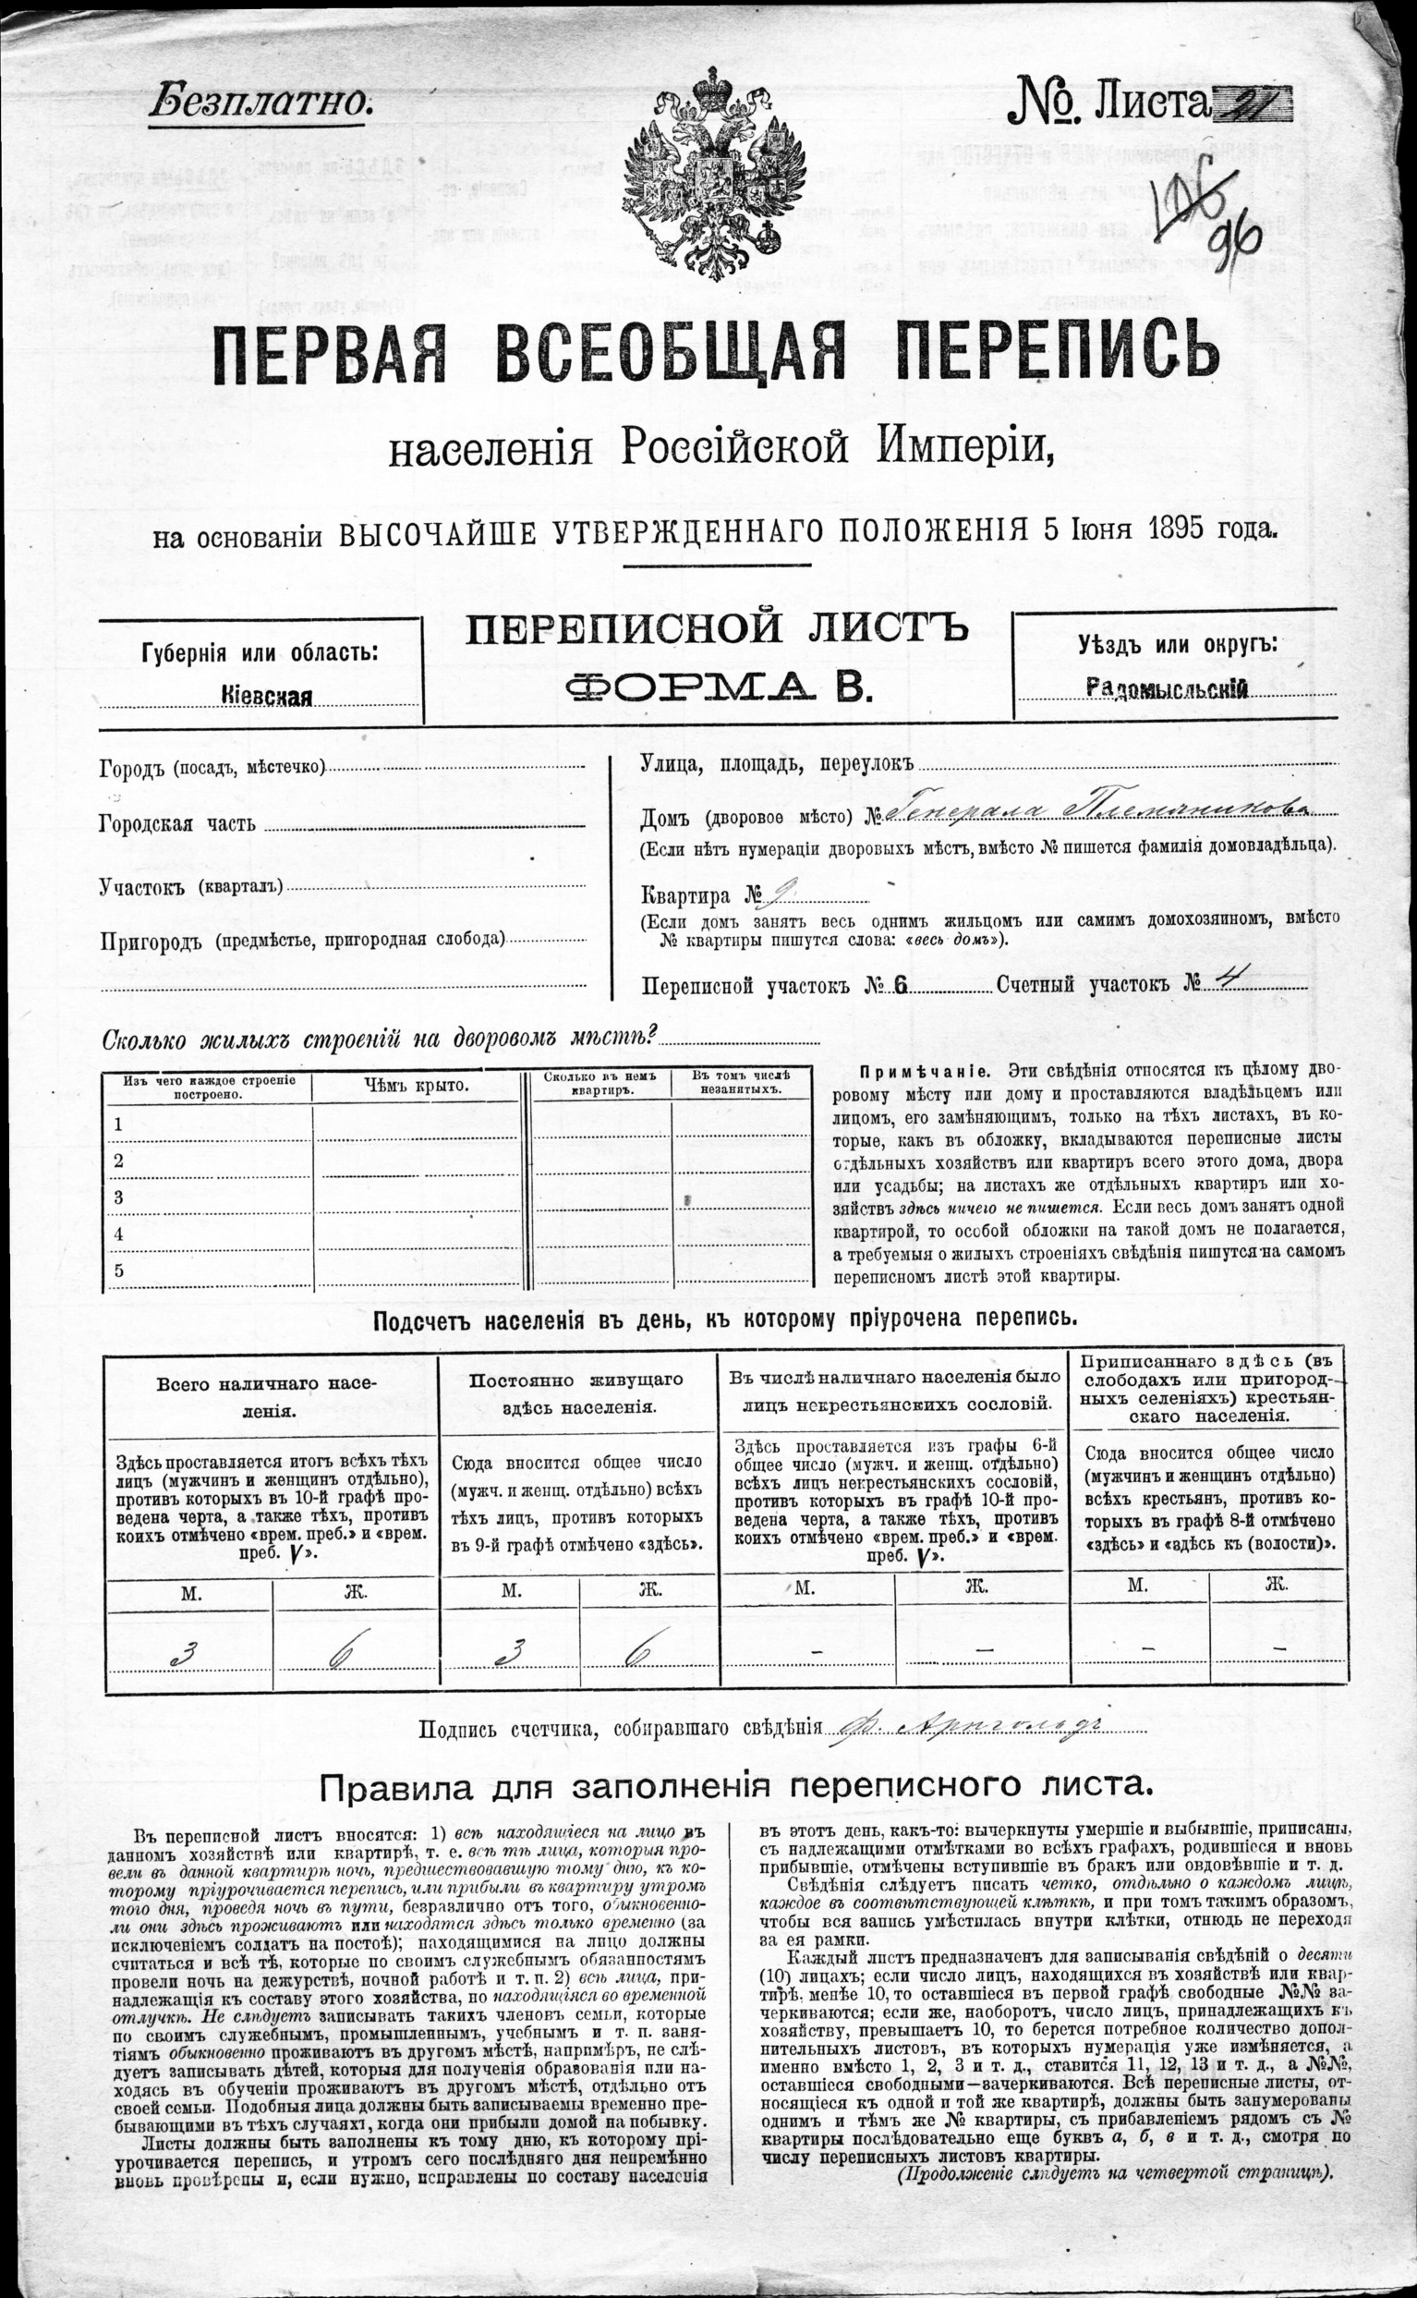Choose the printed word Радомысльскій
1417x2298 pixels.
click(x=1166, y=688)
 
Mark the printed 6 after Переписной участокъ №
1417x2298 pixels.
click(x=901, y=985)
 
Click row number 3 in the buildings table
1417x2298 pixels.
click(x=119, y=1196)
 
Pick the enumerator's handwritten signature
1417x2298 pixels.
click(x=965, y=1727)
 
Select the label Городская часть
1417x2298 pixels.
click(x=177, y=825)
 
